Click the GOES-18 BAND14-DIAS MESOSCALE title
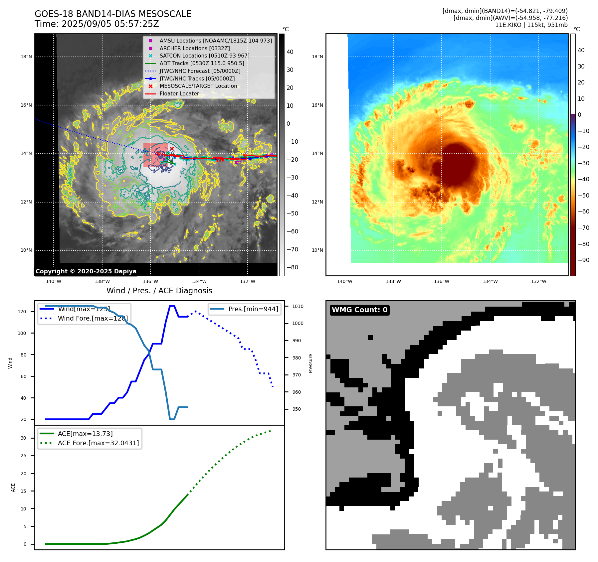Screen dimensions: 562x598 click(x=113, y=14)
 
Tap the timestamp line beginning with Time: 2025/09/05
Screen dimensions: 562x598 click(x=97, y=24)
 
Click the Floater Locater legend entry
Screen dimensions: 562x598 click(x=179, y=93)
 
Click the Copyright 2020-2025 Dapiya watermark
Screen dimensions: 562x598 click(x=86, y=271)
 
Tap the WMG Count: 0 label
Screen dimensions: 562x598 click(x=359, y=310)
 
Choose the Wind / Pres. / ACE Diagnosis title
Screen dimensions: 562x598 click(x=159, y=291)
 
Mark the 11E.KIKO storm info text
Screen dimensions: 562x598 click(x=531, y=25)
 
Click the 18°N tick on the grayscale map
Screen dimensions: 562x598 click(x=26, y=57)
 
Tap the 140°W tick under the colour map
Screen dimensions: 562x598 click(x=344, y=281)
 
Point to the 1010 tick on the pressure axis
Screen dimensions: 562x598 click(x=298, y=306)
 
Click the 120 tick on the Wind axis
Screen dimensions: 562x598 click(x=22, y=312)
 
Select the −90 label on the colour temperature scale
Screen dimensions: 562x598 click(x=583, y=260)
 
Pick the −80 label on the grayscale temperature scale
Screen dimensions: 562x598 click(x=293, y=267)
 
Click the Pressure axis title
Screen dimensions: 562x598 click(x=310, y=363)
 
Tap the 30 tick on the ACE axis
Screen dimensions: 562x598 click(x=23, y=438)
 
